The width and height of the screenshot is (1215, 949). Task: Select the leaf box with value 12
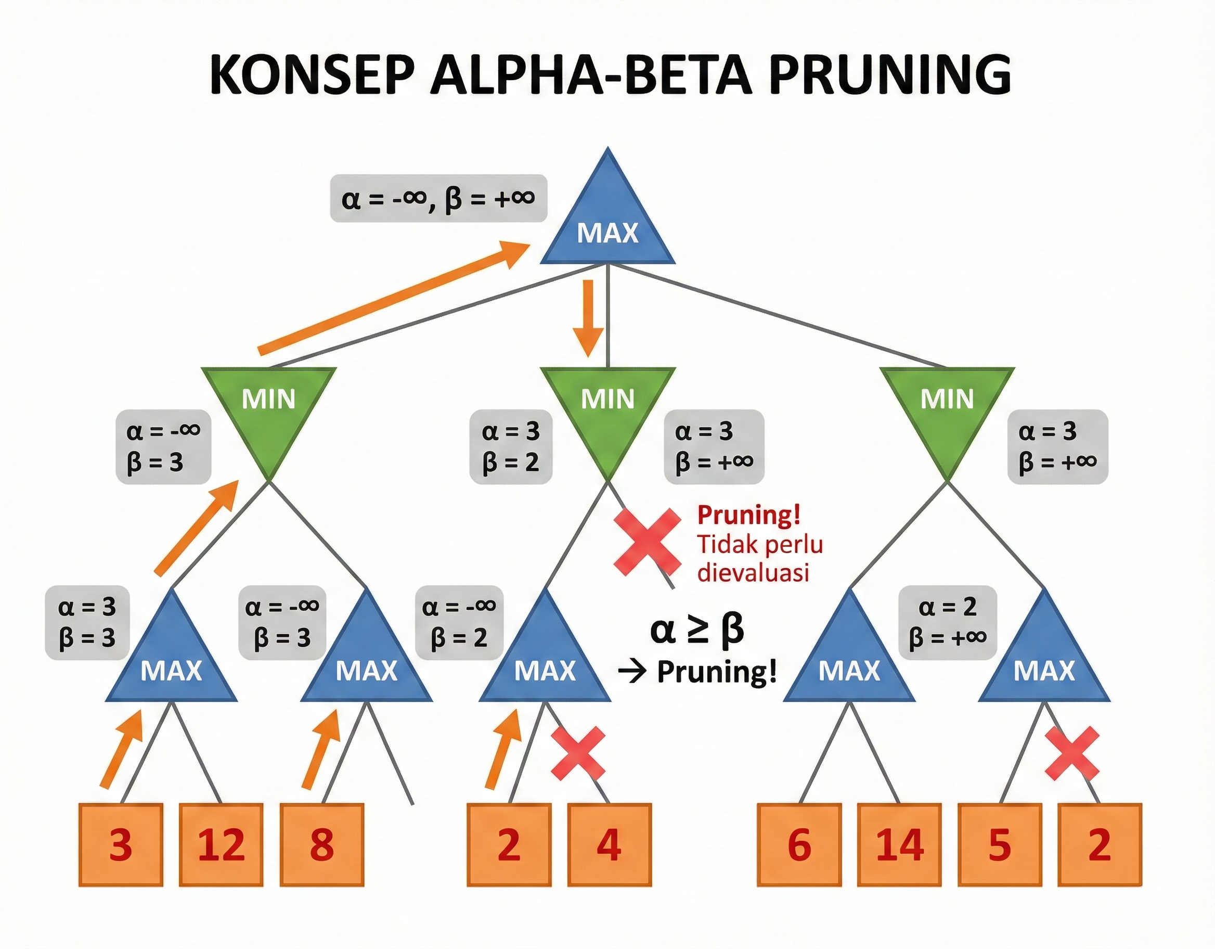(x=221, y=844)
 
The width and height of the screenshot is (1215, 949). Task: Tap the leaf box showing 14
(x=900, y=844)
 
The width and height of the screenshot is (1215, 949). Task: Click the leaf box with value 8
(x=321, y=844)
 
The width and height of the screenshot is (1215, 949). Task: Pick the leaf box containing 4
(x=609, y=844)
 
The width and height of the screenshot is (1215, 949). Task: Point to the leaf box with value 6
(x=799, y=844)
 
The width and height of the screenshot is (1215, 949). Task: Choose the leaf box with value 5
(x=999, y=844)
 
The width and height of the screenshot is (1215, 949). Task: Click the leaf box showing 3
(x=121, y=844)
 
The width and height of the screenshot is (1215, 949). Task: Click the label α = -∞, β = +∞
(x=438, y=199)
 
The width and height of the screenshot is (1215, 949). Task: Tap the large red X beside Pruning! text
(x=647, y=542)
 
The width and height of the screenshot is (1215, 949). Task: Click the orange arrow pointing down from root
(x=589, y=317)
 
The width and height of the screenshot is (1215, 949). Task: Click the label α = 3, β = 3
(x=87, y=622)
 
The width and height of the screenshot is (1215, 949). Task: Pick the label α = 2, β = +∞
(x=948, y=622)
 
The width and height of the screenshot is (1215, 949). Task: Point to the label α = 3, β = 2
(x=511, y=446)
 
